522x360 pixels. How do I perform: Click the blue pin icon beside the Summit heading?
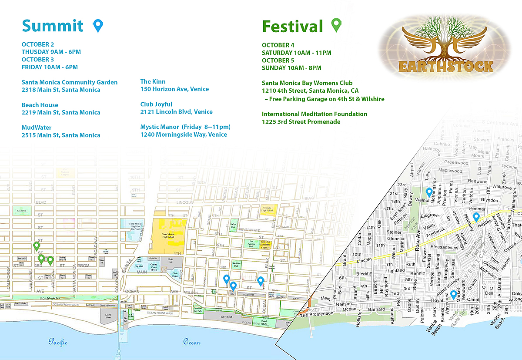click(99, 26)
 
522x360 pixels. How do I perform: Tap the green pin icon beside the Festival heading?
click(336, 25)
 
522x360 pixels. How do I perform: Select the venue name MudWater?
click(37, 128)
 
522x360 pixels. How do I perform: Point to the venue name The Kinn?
click(153, 81)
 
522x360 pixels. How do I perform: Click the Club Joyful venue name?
click(156, 104)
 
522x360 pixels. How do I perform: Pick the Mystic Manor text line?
click(185, 127)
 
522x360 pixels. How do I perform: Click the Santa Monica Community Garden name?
click(70, 82)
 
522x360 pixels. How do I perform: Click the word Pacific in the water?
click(58, 342)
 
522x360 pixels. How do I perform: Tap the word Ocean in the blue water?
click(191, 342)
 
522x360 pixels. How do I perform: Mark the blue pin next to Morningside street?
click(429, 192)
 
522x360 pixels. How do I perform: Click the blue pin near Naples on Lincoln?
click(476, 217)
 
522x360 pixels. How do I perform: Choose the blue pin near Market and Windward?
click(453, 295)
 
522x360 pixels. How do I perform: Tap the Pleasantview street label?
click(444, 247)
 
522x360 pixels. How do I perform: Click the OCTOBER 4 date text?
click(278, 45)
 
